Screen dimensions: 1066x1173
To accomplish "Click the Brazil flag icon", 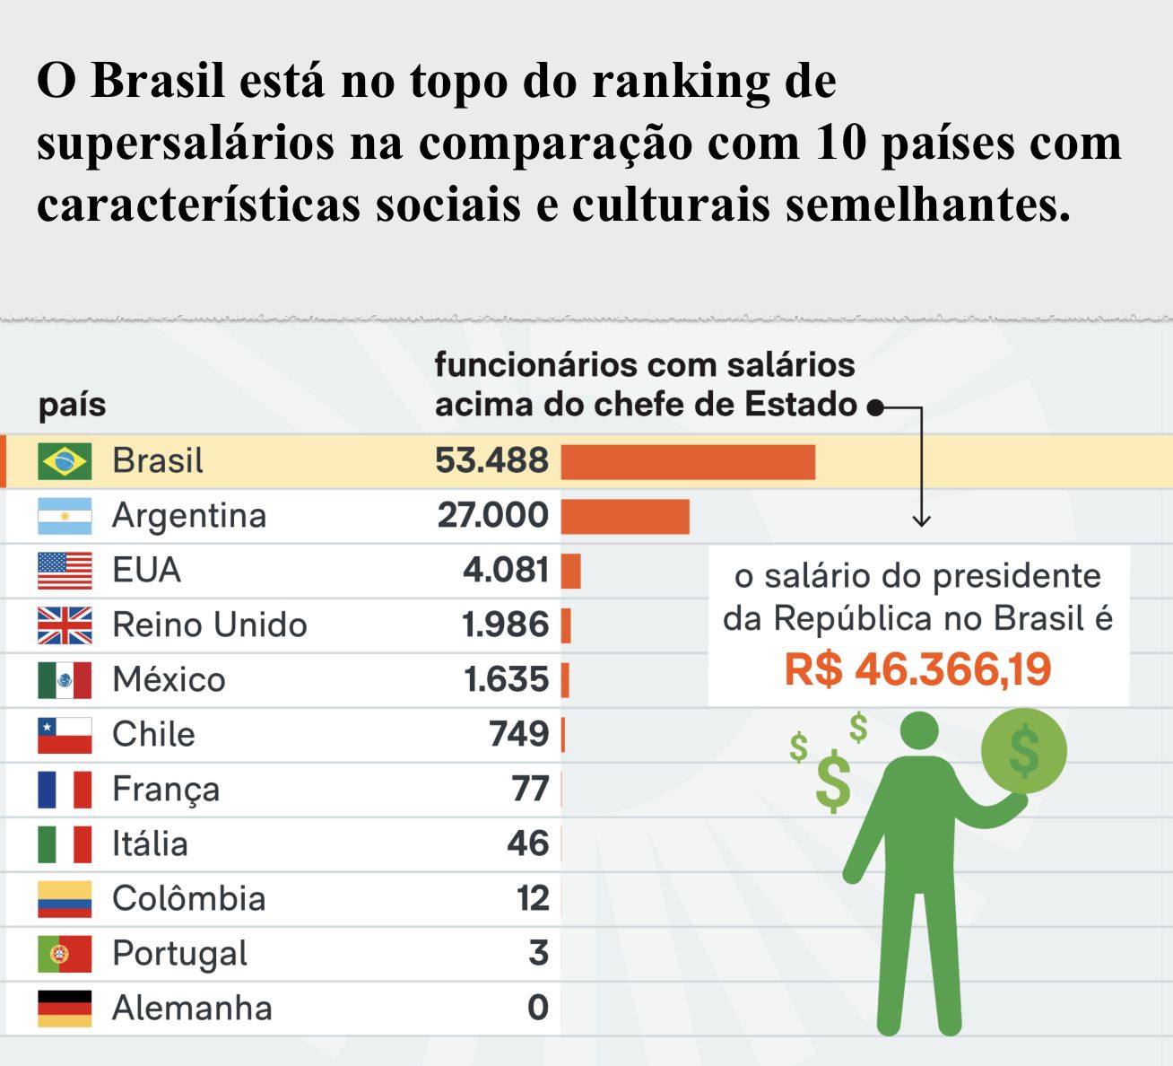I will pyautogui.click(x=65, y=461).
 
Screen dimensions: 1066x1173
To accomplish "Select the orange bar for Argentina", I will pyautogui.click(x=625, y=517).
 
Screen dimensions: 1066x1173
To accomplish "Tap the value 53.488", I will pyautogui.click(x=491, y=461).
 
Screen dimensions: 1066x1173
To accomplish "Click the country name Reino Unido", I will pyautogui.click(x=209, y=625).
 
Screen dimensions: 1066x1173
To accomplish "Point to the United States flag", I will pyautogui.click(x=65, y=571).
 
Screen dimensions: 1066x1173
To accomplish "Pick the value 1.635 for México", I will pyautogui.click(x=506, y=680).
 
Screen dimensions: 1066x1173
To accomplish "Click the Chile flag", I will pyautogui.click(x=65, y=735).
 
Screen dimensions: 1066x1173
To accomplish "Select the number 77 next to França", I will pyautogui.click(x=530, y=790).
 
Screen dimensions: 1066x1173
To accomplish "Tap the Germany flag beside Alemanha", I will pyautogui.click(x=65, y=1009).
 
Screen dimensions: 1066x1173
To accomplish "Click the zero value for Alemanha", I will pyautogui.click(x=538, y=1008).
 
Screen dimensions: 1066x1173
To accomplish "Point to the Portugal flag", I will pyautogui.click(x=65, y=954).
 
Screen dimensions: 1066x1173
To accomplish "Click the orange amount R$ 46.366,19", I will pyautogui.click(x=917, y=669).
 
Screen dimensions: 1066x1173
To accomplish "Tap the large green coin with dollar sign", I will pyautogui.click(x=1023, y=750).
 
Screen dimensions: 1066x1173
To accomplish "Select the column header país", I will pyautogui.click(x=72, y=406).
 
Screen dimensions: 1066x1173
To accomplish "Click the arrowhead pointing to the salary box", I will pyautogui.click(x=921, y=521).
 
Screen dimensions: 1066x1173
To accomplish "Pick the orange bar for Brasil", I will pyautogui.click(x=688, y=462).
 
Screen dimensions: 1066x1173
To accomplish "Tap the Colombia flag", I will pyautogui.click(x=65, y=899).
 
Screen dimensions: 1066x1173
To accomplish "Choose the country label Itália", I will pyautogui.click(x=150, y=844).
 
